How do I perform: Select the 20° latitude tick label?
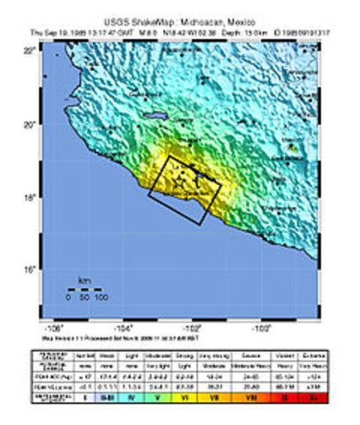click(x=54, y=125)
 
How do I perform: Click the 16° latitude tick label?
click(x=54, y=269)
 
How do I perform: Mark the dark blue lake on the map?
click(x=156, y=115)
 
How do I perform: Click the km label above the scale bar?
click(x=85, y=282)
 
